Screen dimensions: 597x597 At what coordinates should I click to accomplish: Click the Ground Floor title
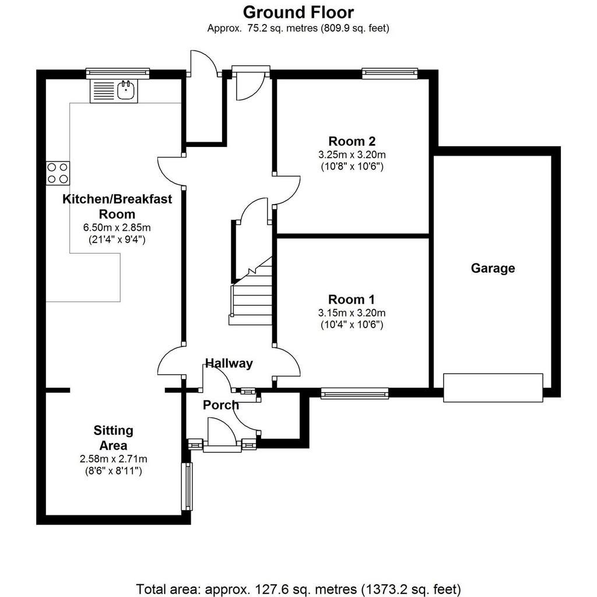298,12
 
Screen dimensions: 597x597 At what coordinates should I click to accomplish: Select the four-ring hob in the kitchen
58,173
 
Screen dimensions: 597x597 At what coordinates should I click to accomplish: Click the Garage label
493,268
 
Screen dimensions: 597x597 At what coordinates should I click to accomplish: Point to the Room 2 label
352,141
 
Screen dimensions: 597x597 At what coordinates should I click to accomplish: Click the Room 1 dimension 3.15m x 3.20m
352,313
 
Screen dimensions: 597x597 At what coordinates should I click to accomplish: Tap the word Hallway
229,363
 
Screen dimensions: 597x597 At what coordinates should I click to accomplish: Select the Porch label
221,405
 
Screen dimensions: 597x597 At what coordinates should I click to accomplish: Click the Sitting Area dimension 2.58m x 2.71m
114,459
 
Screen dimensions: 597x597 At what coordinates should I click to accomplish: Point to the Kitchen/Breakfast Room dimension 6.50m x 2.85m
117,228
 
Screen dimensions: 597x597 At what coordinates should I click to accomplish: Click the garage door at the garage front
493,388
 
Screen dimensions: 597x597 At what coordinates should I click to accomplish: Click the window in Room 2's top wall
390,73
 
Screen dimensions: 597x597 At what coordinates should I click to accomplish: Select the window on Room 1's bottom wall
354,393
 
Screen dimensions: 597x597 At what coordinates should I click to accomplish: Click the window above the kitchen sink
118,73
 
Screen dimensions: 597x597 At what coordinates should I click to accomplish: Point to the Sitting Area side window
187,486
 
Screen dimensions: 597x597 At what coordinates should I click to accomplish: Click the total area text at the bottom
298,589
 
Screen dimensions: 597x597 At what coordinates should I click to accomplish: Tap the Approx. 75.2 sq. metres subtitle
298,28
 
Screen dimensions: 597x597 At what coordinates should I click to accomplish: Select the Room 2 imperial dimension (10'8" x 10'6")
352,166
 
